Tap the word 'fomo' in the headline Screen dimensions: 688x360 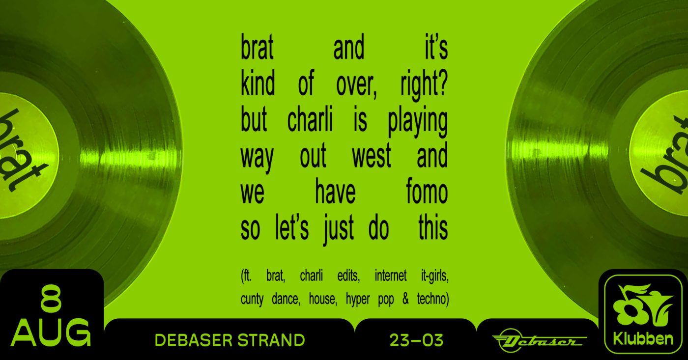(x=427, y=192)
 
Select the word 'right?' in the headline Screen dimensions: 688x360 (x=424, y=84)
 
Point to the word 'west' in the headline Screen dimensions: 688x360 (x=372, y=156)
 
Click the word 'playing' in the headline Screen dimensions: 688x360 (x=418, y=122)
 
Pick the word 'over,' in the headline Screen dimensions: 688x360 (x=356, y=84)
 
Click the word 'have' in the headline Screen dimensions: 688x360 (x=335, y=192)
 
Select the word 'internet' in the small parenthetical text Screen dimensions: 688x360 (x=390, y=276)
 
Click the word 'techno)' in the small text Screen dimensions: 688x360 (x=433, y=299)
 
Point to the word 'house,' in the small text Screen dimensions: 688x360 (x=323, y=299)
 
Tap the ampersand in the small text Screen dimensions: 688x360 (x=405, y=299)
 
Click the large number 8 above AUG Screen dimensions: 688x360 (x=51, y=299)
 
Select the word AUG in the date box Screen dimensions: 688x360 (x=51, y=332)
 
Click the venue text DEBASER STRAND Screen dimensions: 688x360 (x=230, y=340)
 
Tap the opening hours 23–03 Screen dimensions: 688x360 (x=417, y=340)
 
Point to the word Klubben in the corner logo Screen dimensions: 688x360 (x=643, y=339)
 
